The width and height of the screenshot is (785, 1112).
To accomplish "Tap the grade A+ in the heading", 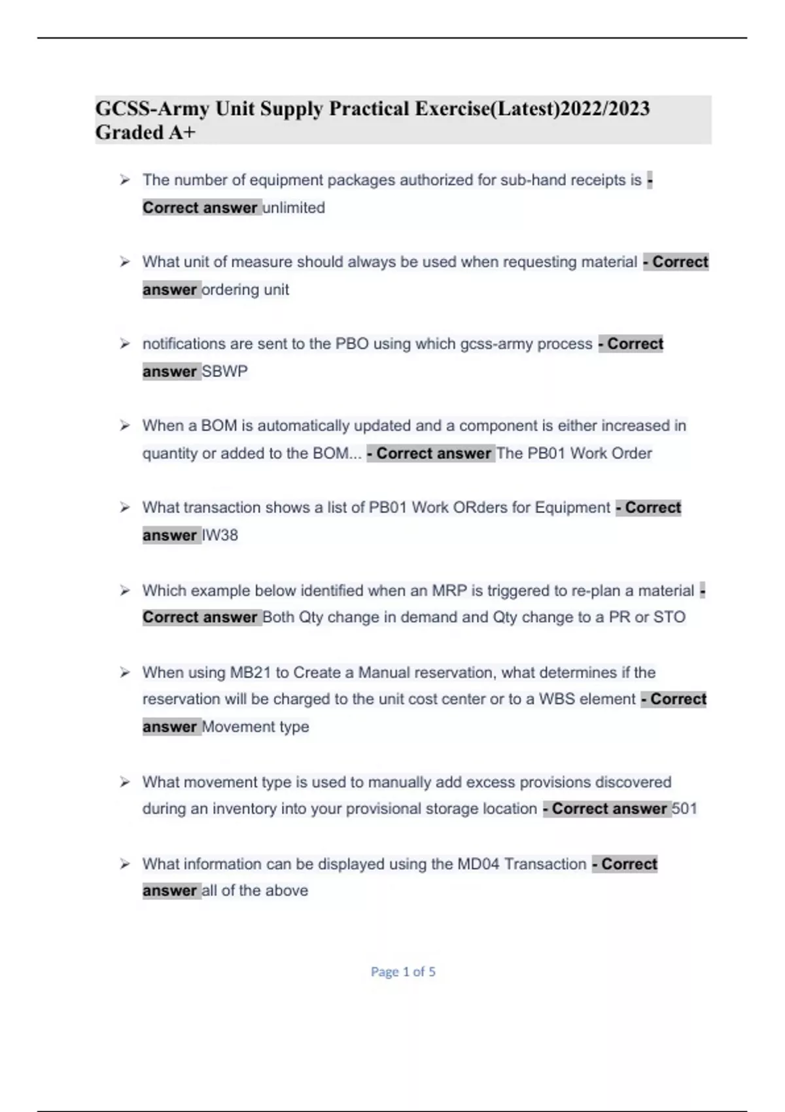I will (183, 133).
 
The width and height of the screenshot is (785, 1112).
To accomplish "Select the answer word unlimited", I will (294, 208).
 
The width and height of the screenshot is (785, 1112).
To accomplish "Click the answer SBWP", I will (225, 372).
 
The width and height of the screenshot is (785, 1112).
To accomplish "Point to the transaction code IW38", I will (220, 535).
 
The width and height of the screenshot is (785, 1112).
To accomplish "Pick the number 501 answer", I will (684, 808).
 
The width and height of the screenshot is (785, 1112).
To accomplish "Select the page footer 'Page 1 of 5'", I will (403, 972).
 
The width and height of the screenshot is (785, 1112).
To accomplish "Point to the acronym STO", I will (668, 617).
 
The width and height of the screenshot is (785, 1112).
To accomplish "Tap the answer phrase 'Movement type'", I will (255, 727).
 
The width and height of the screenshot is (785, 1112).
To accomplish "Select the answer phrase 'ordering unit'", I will (245, 290).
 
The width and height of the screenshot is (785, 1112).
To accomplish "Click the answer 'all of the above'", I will (255, 890).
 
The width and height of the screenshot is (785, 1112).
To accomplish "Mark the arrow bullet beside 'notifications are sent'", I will (125, 344).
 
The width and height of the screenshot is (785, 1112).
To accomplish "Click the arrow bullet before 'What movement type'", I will (125, 782).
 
